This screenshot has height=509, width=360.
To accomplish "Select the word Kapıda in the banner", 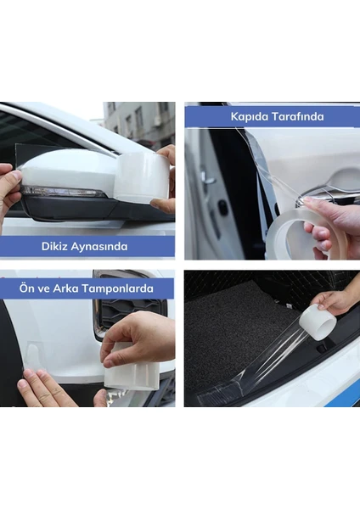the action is (250, 116).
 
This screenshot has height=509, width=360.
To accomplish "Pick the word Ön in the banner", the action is (25, 288).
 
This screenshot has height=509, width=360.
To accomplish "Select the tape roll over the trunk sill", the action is (318, 322).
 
